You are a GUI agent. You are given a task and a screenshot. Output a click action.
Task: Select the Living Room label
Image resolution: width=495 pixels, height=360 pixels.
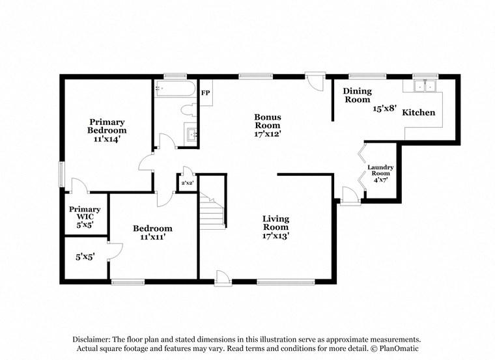pyautogui.click(x=276, y=227)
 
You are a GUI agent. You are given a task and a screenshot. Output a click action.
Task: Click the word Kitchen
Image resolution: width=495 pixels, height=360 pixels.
pyautogui.click(x=418, y=113)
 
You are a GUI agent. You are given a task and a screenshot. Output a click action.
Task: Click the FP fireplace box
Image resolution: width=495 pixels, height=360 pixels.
pyautogui.click(x=205, y=93)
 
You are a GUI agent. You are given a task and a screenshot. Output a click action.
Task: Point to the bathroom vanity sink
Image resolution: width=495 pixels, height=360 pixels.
pyautogui.click(x=191, y=133)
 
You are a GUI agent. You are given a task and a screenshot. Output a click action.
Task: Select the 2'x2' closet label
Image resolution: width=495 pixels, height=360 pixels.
pyautogui.click(x=188, y=184)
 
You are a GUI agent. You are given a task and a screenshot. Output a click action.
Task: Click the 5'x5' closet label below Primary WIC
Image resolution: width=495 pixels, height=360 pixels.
pyautogui.click(x=85, y=257)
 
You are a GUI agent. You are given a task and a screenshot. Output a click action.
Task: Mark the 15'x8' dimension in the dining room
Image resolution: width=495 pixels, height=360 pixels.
pyautogui.click(x=384, y=109)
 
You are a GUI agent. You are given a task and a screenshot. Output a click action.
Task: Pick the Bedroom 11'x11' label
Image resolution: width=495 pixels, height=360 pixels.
pyautogui.click(x=152, y=232)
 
